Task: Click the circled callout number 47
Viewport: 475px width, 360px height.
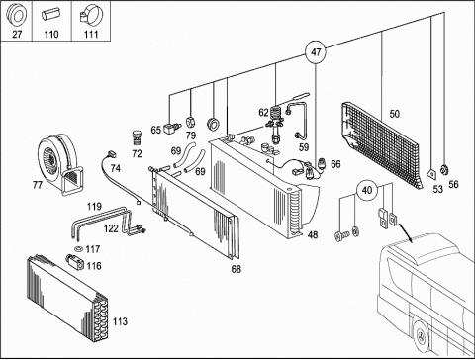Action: coord(316,52)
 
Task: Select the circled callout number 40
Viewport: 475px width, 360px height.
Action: coord(367,190)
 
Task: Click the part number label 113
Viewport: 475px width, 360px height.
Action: coord(120,321)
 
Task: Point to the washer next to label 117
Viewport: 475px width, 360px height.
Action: coord(79,248)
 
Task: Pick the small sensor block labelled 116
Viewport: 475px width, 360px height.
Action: coord(75,262)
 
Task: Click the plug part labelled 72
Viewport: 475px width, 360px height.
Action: coord(137,137)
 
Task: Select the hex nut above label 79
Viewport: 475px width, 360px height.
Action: coord(191,122)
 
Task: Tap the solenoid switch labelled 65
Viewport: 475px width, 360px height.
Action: coord(172,128)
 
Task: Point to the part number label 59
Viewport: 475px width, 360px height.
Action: coord(304,147)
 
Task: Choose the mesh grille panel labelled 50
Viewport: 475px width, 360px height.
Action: coord(381,144)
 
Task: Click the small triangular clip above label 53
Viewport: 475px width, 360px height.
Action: coord(431,173)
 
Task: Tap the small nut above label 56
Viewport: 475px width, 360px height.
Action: coord(444,170)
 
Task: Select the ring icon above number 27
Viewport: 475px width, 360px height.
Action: coord(17,15)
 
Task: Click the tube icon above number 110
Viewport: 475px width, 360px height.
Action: coord(51,15)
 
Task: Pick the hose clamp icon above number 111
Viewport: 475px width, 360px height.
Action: coord(91,16)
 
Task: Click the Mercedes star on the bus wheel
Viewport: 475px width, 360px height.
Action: coord(421,336)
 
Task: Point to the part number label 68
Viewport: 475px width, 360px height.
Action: coord(237,269)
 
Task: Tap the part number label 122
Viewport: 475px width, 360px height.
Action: coord(111,228)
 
